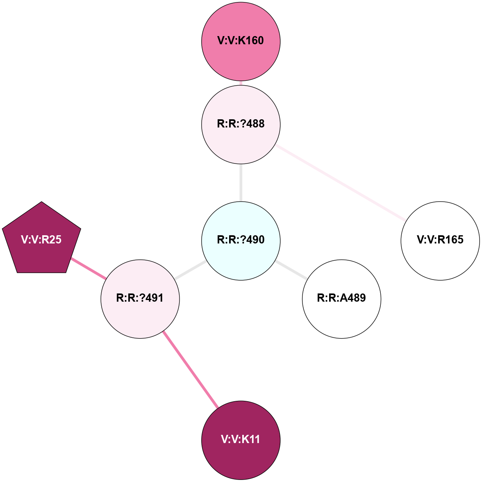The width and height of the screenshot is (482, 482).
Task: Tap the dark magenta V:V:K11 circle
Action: point(241,455)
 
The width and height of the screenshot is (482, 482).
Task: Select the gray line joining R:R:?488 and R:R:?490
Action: point(241,183)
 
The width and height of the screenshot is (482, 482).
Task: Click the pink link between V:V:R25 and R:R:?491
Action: point(89,268)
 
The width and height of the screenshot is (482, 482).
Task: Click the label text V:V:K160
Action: point(241,41)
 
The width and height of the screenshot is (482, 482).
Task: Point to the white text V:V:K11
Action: point(241,439)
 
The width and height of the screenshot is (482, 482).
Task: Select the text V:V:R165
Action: point(440,240)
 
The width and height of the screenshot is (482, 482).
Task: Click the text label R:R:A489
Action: point(341,298)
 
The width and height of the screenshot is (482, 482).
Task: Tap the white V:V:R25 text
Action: point(41,240)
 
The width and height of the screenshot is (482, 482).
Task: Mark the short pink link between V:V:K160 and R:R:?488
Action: point(241,83)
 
